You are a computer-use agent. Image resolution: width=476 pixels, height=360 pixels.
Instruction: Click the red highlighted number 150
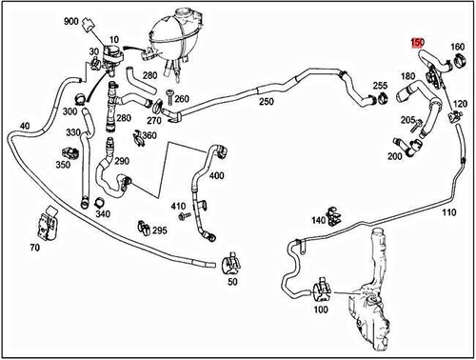coord(416,43)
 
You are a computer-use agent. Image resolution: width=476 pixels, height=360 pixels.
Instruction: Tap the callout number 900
coord(72,21)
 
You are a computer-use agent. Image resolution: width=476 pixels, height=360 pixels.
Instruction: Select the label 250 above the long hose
coord(266,102)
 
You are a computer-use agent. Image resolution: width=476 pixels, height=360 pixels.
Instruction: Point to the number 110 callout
coord(448,212)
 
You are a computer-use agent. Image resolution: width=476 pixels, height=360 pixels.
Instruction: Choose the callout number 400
coord(216,177)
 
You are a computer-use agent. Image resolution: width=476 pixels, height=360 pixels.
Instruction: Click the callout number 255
coord(379,86)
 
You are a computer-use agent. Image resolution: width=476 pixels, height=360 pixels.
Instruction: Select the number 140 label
coord(318,221)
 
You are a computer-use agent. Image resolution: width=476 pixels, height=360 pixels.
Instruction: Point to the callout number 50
coord(232,283)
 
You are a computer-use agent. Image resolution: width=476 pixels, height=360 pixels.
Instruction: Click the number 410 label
coord(177,207)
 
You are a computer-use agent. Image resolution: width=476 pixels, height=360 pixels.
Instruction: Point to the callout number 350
coord(63,165)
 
